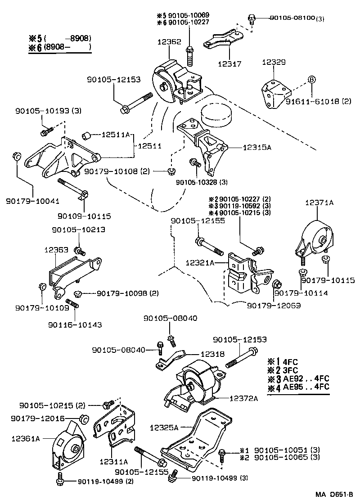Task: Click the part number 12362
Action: click(x=169, y=41)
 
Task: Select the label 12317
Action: click(x=229, y=64)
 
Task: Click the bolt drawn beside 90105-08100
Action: click(x=252, y=19)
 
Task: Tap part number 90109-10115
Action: click(x=84, y=216)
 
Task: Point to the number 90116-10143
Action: click(x=76, y=324)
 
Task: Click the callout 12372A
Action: click(x=243, y=398)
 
